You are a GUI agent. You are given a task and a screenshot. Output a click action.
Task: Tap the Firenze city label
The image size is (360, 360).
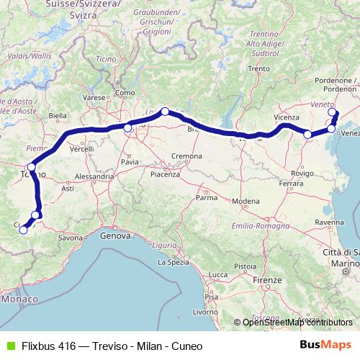coord(266,279)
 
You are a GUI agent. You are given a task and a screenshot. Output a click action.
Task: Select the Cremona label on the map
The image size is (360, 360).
coord(186,156)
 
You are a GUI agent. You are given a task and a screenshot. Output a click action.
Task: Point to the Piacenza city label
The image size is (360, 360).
coord(165,174)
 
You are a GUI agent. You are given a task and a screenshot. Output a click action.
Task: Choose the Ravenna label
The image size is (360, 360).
coord(329,223)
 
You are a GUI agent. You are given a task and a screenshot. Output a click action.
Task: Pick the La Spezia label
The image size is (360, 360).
coord(172,263)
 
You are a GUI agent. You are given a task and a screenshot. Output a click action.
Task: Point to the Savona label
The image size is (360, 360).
coord(71,237)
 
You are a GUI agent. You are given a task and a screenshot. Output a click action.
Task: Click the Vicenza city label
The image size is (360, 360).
coord(287,117)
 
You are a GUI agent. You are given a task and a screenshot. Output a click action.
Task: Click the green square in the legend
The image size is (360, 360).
coord(9,345)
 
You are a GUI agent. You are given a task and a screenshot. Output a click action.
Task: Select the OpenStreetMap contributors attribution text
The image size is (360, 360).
coord(297,323)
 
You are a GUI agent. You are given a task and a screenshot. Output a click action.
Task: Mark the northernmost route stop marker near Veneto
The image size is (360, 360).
coord(332,112)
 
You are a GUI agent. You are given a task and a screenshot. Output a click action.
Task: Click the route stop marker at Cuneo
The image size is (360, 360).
coord(23,230)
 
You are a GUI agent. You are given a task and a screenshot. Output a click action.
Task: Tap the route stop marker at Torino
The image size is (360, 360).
coord(31,167)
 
